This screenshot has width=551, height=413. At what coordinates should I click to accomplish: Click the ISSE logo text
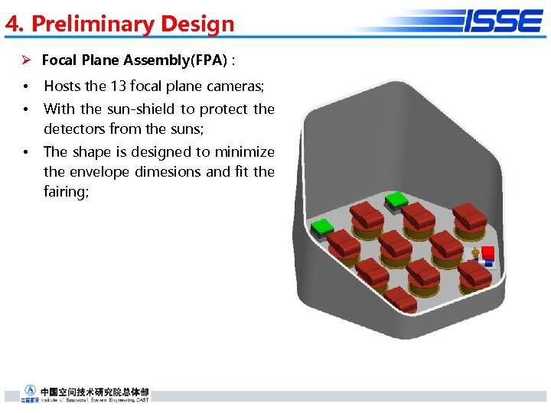(x=503, y=21)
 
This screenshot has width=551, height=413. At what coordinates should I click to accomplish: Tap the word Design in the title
(x=197, y=24)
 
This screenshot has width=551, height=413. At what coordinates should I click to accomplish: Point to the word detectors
(x=74, y=128)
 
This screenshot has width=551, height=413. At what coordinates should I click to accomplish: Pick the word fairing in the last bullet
(x=65, y=191)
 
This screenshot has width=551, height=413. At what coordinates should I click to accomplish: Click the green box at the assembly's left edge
(x=320, y=226)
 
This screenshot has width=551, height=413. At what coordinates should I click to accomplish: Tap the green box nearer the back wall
(x=396, y=200)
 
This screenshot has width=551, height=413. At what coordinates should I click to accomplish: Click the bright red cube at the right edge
(x=487, y=253)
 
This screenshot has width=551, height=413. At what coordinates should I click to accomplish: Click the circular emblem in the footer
(x=30, y=390)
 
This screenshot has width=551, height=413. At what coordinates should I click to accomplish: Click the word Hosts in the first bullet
(x=63, y=86)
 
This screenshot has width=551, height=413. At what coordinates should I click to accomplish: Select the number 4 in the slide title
(x=11, y=24)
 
